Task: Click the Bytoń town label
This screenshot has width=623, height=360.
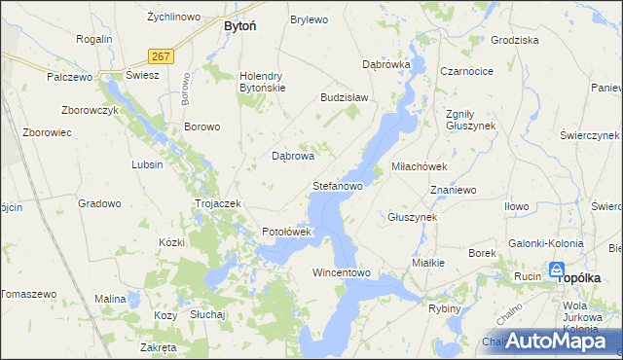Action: point(239,26)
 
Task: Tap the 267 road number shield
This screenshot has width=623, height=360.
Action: point(162,56)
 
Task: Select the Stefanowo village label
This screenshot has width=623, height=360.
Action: point(337,185)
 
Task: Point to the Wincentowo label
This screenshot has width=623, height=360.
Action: point(342,272)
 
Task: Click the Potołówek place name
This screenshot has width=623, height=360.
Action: point(286,232)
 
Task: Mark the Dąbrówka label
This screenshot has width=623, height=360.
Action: point(386,64)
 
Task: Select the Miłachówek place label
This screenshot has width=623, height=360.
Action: point(418,166)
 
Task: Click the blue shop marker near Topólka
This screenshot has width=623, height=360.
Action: point(557,270)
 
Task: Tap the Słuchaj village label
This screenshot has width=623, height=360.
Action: point(207,314)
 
